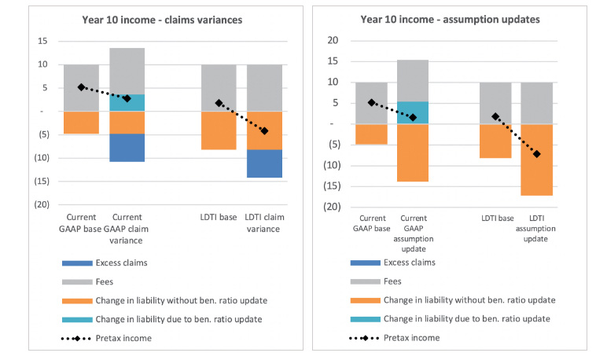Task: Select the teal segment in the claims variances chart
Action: (127, 103)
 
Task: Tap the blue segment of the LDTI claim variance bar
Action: (264, 163)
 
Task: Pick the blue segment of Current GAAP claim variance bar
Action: (127, 148)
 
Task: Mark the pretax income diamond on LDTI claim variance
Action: (264, 130)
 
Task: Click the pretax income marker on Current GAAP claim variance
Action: (127, 98)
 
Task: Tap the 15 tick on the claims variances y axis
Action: (42, 41)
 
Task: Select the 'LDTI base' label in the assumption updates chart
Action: (495, 217)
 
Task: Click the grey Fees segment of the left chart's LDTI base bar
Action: (219, 87)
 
